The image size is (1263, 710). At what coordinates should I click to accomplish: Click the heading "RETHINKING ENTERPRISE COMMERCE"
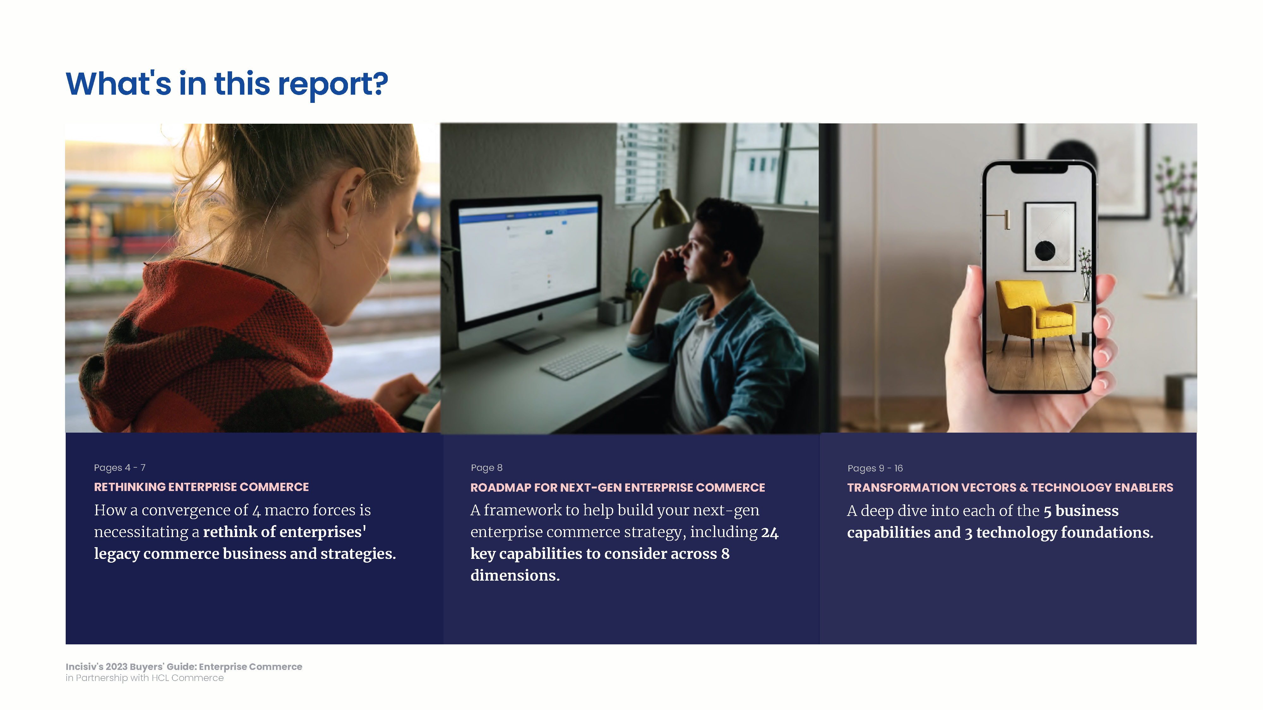201,487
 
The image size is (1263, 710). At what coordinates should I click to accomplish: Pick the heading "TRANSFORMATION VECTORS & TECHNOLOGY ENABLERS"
1010,488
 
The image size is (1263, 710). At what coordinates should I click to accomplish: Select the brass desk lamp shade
666,210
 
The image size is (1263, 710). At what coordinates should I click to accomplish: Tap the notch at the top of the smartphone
1039,168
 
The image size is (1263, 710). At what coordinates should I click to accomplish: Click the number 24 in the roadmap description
770,532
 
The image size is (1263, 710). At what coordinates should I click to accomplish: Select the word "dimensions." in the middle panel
515,575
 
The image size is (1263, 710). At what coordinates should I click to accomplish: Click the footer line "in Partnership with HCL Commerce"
145,678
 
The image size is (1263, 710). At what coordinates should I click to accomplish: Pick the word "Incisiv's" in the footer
84,666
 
